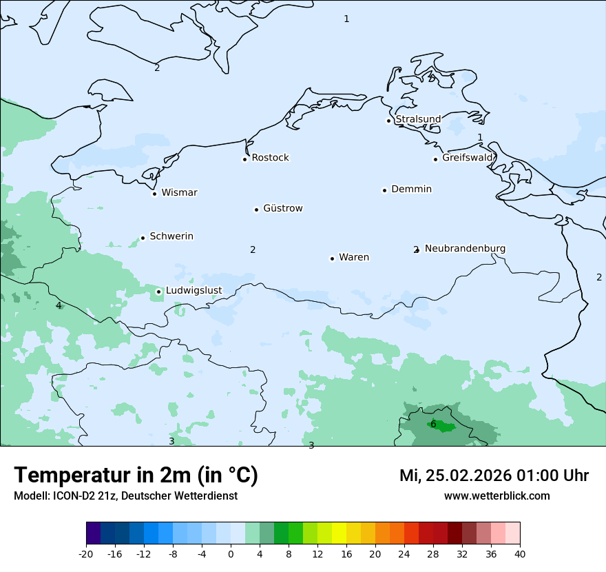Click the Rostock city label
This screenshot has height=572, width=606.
tap(270, 158)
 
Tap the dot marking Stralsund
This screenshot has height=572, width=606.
tap(388, 121)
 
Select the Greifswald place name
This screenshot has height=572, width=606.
tap(468, 158)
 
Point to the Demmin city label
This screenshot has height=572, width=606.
tap(411, 189)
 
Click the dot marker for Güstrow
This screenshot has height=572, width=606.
tap(256, 210)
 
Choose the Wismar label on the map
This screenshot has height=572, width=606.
tap(179, 192)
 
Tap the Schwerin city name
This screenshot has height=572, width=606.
tap(171, 236)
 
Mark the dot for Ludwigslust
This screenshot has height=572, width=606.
tap(158, 292)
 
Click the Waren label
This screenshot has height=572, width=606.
tap(354, 257)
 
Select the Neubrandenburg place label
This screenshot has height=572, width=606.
tap(465, 248)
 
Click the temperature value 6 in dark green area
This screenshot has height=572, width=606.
tap(433, 424)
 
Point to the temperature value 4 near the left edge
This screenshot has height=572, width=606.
tap(59, 305)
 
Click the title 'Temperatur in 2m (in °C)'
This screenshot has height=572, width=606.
tap(136, 475)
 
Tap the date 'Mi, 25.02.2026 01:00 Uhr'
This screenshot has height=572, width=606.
tap(494, 476)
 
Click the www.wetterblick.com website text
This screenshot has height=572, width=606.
tap(497, 496)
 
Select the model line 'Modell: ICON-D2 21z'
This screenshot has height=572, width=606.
tap(125, 496)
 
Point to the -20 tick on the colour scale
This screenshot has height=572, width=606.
tap(86, 553)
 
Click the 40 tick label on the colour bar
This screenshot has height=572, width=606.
tap(520, 553)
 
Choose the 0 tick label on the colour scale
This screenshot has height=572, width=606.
tap(231, 553)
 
